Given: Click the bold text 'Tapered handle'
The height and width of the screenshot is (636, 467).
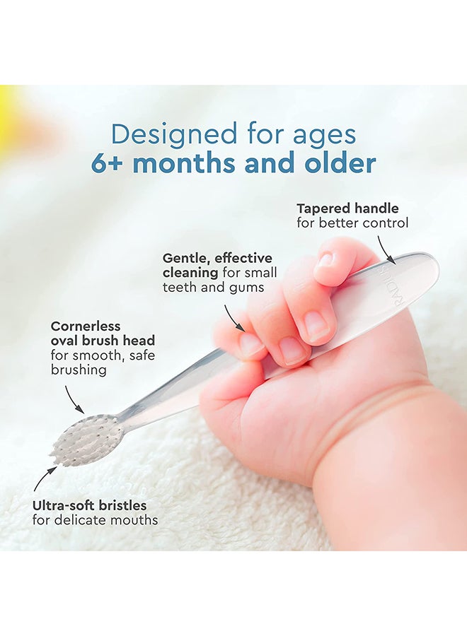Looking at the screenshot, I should (x=347, y=208).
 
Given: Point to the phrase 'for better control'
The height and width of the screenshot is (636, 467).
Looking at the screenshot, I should (x=352, y=223).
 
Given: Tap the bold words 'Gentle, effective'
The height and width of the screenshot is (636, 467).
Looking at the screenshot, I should (x=217, y=258).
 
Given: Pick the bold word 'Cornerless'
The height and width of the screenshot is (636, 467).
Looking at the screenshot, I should (x=86, y=326).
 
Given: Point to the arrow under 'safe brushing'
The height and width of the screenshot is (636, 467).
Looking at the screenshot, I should (x=74, y=399).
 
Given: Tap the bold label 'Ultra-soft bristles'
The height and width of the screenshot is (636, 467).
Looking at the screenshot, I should (x=89, y=506).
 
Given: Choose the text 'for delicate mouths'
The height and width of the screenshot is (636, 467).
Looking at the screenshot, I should (x=95, y=521).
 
